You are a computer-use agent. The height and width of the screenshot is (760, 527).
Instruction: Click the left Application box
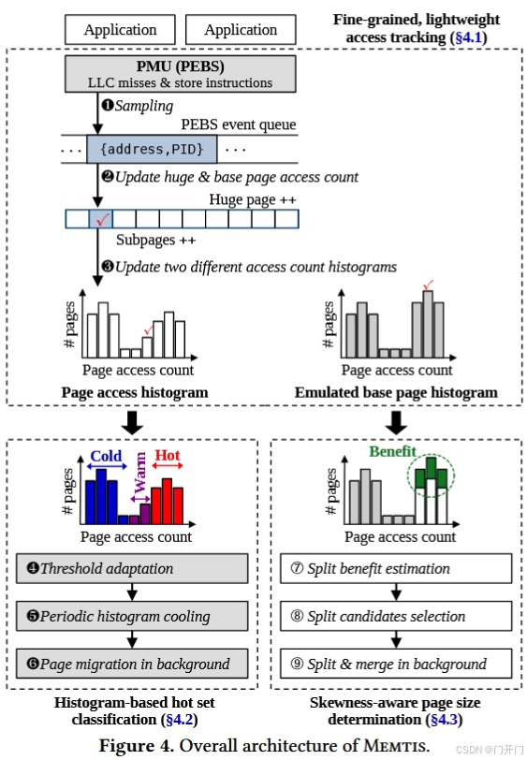coord(120,29)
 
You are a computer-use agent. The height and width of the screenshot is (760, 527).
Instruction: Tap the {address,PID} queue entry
coord(151,150)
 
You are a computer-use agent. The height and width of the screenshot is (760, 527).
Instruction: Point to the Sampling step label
coord(143,106)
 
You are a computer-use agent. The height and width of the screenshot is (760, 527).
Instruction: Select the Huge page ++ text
coord(253,199)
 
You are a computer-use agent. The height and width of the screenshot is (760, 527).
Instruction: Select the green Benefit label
coord(392,451)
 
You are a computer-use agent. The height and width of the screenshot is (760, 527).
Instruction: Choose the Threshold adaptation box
coord(132,568)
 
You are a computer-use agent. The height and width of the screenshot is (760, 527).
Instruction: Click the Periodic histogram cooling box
coord(132,616)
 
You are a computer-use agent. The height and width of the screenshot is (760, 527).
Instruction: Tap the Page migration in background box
coord(132,664)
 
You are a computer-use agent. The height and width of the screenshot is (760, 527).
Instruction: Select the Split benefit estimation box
coord(396,568)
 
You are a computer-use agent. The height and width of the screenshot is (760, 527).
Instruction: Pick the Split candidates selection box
coord(396,616)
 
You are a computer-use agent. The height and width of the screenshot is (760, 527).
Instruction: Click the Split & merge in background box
coord(396,664)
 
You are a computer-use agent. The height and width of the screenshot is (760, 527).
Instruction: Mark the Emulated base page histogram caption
coord(396,392)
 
